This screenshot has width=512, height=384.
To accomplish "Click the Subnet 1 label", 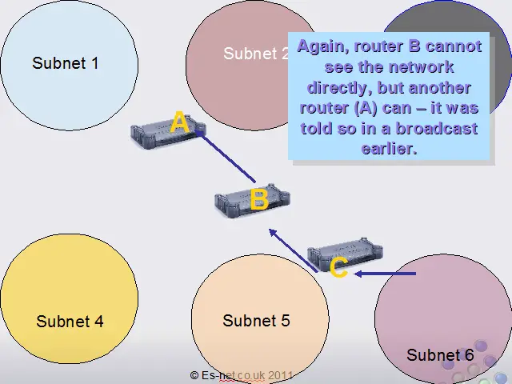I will pyautogui.click(x=66, y=62).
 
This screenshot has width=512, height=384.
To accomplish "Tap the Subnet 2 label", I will pyautogui.click(x=256, y=54).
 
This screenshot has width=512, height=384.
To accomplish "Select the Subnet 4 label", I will pyautogui.click(x=70, y=322).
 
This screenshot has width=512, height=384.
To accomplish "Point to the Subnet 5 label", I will pyautogui.click(x=256, y=321).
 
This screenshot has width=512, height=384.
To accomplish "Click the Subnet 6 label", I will pyautogui.click(x=440, y=355).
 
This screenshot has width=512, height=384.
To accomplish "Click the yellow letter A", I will pyautogui.click(x=180, y=123).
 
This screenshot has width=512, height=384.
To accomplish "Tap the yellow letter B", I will pyautogui.click(x=258, y=199).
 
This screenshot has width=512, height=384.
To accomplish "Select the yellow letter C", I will pyautogui.click(x=338, y=268).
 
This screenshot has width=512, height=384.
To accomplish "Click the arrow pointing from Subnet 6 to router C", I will pyautogui.click(x=386, y=274).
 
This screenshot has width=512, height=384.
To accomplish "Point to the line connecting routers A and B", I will pyautogui.click(x=226, y=157).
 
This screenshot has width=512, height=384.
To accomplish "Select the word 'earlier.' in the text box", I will pyautogui.click(x=390, y=149).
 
